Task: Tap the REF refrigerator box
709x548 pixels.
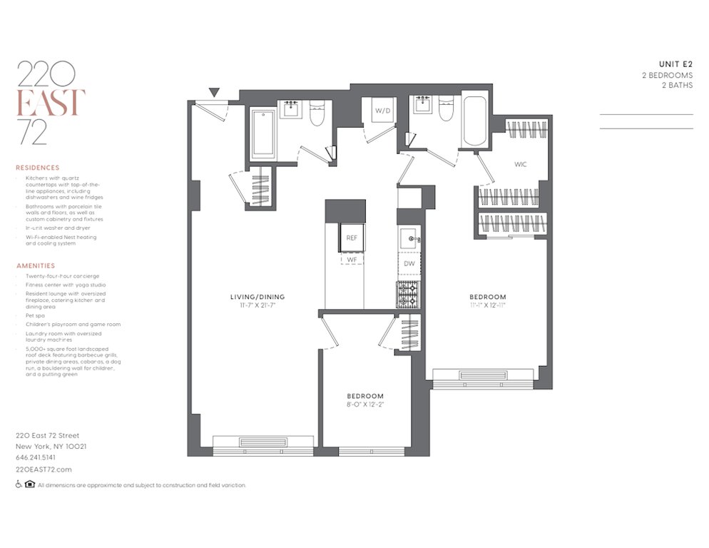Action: pos(351,237)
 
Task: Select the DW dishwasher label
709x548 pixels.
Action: pos(409,264)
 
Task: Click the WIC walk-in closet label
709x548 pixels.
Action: pos(521,164)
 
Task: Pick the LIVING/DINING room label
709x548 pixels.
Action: pos(257,296)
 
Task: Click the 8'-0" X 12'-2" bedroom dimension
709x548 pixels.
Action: pos(365,405)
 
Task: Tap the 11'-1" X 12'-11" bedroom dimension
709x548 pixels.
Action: pos(487,306)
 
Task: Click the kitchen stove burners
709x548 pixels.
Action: pos(409,293)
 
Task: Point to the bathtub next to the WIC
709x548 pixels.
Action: pos(474,121)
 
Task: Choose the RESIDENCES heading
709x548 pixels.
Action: pos(37,168)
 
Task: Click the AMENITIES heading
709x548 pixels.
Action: pos(36,265)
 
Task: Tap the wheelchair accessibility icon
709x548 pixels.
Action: pos(18,484)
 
